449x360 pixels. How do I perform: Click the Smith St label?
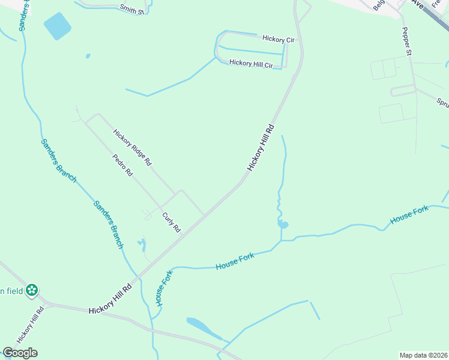[x=132, y=9]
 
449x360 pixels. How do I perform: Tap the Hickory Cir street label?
[x=278, y=39]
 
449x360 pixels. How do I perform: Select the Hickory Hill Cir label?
[x=251, y=63]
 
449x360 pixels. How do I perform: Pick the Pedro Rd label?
[x=122, y=165]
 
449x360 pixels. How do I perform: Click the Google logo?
[x=20, y=352]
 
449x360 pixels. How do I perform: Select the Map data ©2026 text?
[x=424, y=355]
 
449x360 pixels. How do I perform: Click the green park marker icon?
[x=32, y=290]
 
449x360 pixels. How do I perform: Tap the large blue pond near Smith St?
[x=57, y=26]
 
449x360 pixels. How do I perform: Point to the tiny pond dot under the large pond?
[x=88, y=56]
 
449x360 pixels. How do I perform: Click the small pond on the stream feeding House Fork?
[x=283, y=224]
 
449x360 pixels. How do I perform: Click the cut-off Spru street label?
[x=442, y=103]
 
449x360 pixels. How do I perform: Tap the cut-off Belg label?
[x=378, y=5]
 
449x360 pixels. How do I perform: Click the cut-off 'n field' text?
[x=11, y=291]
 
